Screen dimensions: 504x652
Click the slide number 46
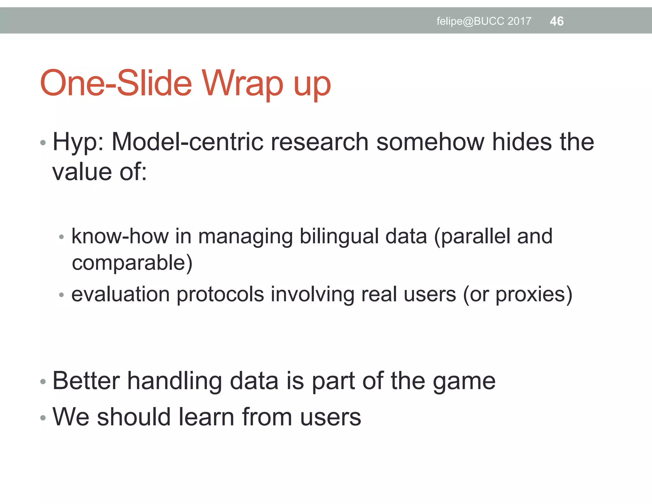[x=556, y=21]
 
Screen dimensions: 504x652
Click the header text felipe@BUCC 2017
[x=484, y=21]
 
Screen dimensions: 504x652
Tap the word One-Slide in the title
[x=116, y=83]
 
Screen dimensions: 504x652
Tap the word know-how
[x=120, y=236]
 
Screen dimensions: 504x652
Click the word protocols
[x=220, y=295]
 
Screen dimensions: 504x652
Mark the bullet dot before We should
[x=43, y=418]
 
